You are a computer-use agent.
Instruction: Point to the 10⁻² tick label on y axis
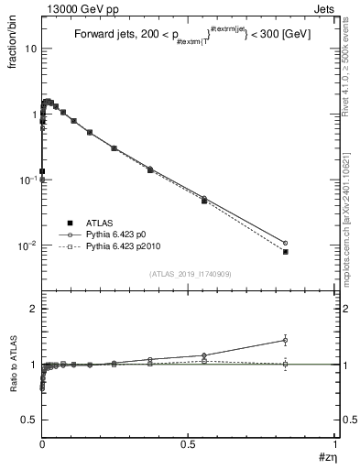(27, 245)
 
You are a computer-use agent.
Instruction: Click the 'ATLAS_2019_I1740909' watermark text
(191, 274)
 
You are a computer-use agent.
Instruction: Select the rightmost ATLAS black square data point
(286, 251)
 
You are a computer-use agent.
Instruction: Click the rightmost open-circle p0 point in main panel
(286, 243)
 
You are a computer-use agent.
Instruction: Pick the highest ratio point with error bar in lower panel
(286, 340)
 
